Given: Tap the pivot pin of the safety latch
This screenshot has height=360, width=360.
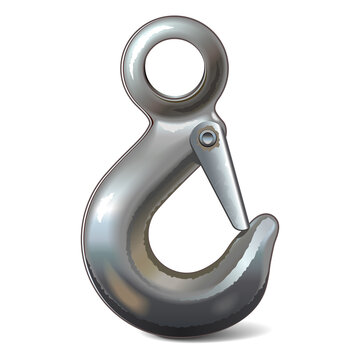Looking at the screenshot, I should pos(207,137).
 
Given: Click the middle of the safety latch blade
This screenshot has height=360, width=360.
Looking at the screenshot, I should pos(225,180).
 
